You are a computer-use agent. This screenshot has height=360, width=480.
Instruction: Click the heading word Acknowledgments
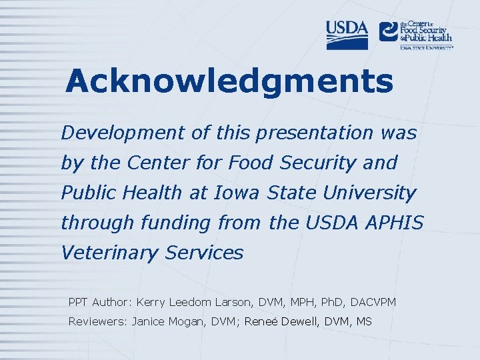coord(229,81)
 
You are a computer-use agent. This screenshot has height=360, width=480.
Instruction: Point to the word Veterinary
coord(107,253)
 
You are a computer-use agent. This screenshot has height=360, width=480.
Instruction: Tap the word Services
coord(206,253)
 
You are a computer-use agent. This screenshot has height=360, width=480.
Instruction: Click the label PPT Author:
coord(100,303)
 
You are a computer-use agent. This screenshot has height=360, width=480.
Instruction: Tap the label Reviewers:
coord(99,322)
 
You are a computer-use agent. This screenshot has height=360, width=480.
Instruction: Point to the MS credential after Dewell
coord(364,322)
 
